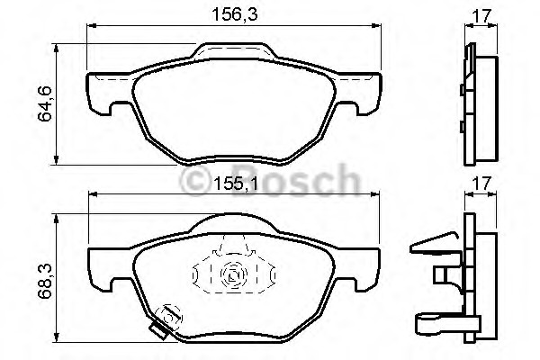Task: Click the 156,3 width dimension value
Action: pos(234,14)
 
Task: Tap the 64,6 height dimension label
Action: pos(45,103)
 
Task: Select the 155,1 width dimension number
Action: pos(235,184)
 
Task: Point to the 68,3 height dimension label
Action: pos(45,281)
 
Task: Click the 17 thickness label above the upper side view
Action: pos(481,15)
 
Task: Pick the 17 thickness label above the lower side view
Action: pos(481,184)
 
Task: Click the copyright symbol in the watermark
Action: pos(195,181)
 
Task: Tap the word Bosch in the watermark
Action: pos(296,180)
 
